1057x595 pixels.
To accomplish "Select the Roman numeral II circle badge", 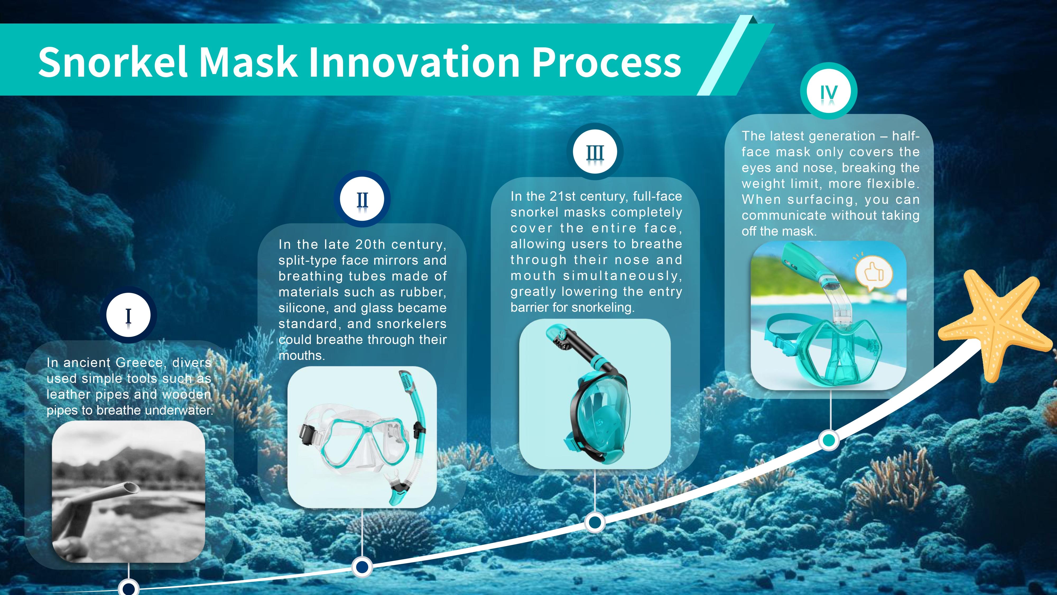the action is coord(362,199).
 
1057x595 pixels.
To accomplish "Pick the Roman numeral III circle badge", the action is coord(595,152).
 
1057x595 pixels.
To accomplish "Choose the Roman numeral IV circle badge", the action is coord(829,91).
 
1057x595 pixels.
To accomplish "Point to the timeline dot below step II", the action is coord(362,567).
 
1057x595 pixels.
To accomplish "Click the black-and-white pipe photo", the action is coord(128,492).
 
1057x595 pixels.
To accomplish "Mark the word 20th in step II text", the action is coord(370,244).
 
